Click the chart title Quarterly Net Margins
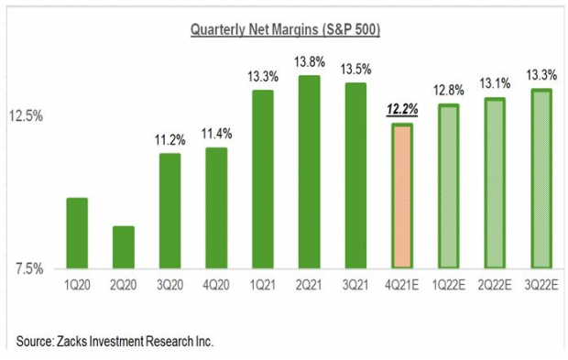click(x=284, y=29)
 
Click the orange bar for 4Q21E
click(x=402, y=196)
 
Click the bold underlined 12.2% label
click(x=402, y=109)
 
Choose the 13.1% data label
click(x=496, y=82)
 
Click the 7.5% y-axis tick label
click(x=27, y=268)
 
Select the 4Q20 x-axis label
click(x=217, y=285)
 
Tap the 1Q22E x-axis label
click(x=449, y=285)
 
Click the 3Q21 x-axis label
click(x=356, y=285)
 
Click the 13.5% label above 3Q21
click(x=356, y=69)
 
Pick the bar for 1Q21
click(x=263, y=180)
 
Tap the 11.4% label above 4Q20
click(x=217, y=134)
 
